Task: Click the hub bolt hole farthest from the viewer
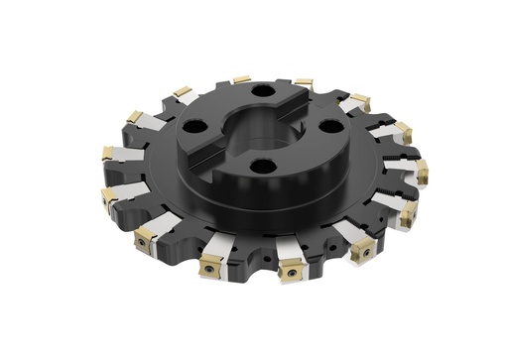coord(262,91)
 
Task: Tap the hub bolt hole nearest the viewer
coord(262,166)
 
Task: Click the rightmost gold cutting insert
coord(421,170)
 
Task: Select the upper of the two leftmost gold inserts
coord(107,153)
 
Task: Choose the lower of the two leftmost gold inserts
coord(107,194)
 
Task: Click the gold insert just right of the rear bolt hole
coord(304,83)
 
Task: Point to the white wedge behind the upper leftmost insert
coord(127,156)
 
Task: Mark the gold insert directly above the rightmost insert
coord(402,131)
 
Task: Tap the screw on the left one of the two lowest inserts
coord(211,266)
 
